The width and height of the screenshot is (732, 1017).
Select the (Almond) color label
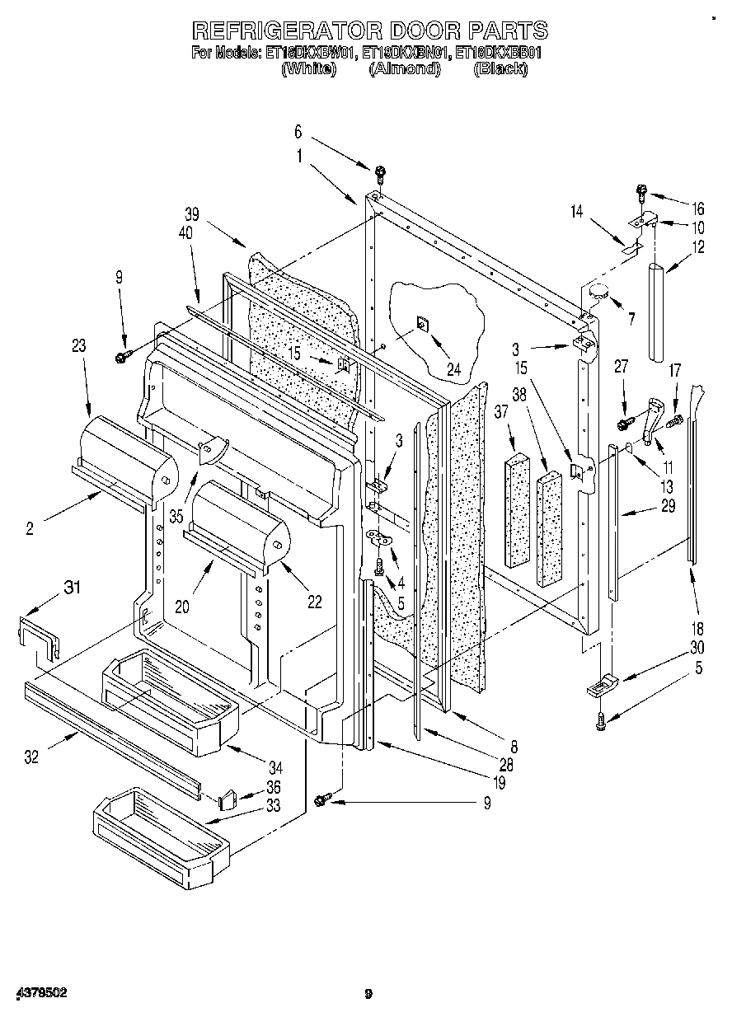(x=403, y=69)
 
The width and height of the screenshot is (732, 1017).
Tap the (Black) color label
(x=500, y=69)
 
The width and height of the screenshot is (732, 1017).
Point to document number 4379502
(x=40, y=994)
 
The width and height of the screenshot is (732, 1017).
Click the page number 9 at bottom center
(x=368, y=995)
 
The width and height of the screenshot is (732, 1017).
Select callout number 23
(x=78, y=347)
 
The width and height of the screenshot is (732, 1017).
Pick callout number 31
(x=73, y=587)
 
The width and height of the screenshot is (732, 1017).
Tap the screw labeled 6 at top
(x=380, y=173)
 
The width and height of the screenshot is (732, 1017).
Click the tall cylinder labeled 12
(x=658, y=312)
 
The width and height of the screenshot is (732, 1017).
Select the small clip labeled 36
(x=229, y=796)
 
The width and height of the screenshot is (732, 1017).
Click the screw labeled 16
(x=642, y=193)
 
